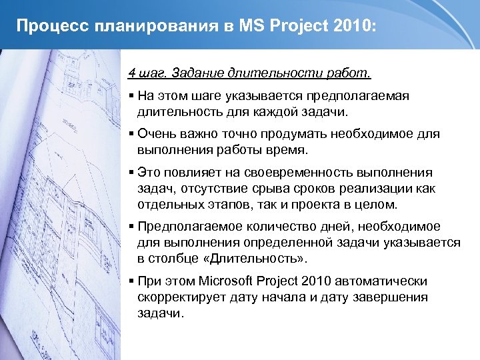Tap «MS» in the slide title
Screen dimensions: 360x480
pos(237,27)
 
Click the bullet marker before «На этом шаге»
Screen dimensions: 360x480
pos(132,95)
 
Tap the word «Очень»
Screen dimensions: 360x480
pos(159,134)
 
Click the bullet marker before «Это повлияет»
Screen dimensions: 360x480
pos(132,173)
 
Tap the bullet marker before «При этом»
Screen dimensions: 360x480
pos(132,281)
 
